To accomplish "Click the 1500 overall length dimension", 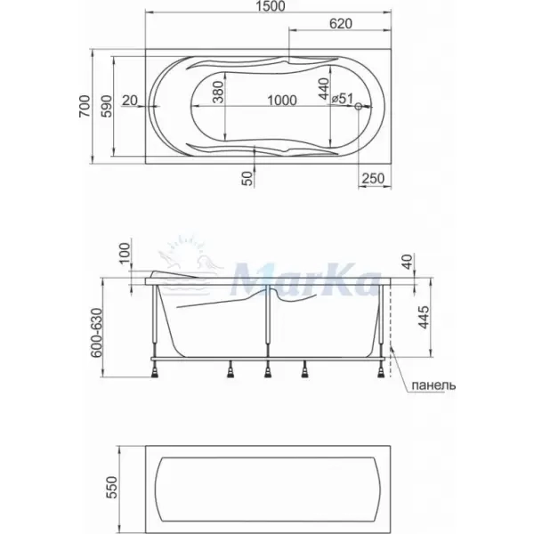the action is (271, 6).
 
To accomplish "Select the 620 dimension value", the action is (341, 23).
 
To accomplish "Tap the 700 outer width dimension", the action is (85, 106).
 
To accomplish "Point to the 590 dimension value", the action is (107, 106).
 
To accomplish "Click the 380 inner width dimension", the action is (218, 92).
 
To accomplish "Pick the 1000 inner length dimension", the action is (281, 101).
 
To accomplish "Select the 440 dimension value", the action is (324, 88).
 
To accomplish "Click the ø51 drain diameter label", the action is (343, 99).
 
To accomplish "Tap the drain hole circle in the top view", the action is (359, 106).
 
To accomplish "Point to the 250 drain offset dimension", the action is (373, 179).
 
